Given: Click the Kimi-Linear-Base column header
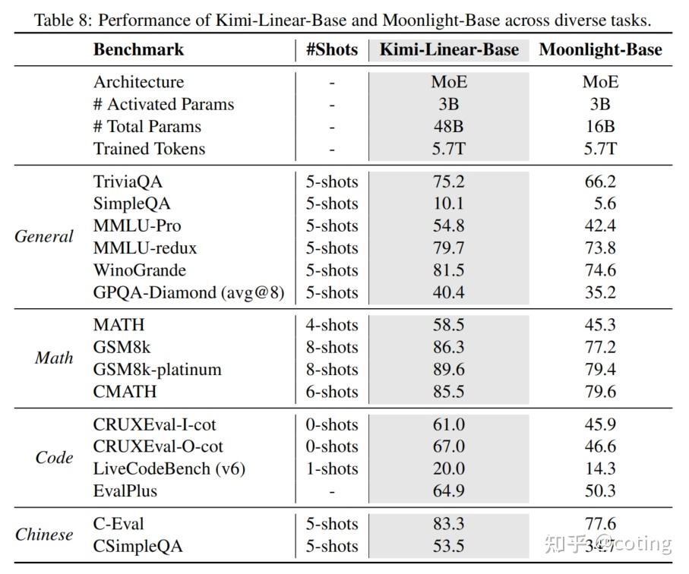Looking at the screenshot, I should point(449,50).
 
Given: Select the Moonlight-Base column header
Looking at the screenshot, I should point(600,50).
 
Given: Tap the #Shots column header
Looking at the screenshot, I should point(331,50).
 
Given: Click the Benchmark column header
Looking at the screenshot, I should point(138,50).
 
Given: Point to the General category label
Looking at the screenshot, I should point(44,236).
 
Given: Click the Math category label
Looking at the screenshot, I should point(54,358).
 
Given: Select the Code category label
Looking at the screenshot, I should point(55,457).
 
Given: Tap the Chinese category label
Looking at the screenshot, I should point(44,534).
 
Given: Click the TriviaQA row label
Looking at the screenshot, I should point(128,181).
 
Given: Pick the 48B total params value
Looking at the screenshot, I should point(448,126).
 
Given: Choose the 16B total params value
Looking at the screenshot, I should point(600,126).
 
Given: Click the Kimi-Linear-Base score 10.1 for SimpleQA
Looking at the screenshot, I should point(448,203).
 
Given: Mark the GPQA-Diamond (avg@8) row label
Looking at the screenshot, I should point(188,292).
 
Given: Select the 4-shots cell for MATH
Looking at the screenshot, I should point(332,325).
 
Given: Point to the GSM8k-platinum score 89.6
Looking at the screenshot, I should point(448,369).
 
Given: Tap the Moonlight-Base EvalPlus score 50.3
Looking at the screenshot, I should point(600,490).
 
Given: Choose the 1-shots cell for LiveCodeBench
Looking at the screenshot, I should point(332,468).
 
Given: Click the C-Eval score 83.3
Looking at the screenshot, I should point(448,524).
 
